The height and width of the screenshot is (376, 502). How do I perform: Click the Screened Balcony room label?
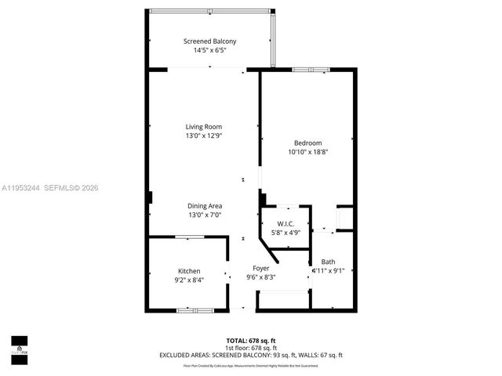pos(209,42)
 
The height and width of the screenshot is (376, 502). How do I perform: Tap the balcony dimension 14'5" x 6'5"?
pos(209,50)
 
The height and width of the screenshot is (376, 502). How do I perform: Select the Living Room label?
pos(203,127)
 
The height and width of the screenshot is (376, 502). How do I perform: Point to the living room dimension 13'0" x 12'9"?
pos(203,136)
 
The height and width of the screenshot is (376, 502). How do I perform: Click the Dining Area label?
pos(205,206)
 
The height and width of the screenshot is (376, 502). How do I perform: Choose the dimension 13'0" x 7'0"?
pos(205,215)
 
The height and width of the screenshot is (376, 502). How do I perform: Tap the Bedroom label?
pos(307,143)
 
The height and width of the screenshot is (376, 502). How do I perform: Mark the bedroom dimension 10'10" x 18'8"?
pos(307,152)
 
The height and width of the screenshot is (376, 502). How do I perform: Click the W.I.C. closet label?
pos(286,223)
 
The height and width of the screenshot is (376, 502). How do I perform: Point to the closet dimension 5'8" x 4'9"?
pos(286,233)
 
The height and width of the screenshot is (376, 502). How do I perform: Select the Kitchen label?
pos(189,271)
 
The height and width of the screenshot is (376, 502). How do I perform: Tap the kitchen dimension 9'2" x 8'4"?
pos(189,280)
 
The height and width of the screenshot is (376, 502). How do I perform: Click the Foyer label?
pos(260,268)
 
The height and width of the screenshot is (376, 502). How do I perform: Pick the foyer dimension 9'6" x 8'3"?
pos(260,277)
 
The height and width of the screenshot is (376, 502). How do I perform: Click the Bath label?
pos(328,262)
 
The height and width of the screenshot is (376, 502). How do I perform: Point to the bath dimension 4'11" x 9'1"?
pos(327,271)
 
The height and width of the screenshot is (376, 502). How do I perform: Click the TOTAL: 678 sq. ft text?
pos(251,341)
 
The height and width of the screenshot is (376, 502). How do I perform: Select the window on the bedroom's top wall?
pos(309,70)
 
